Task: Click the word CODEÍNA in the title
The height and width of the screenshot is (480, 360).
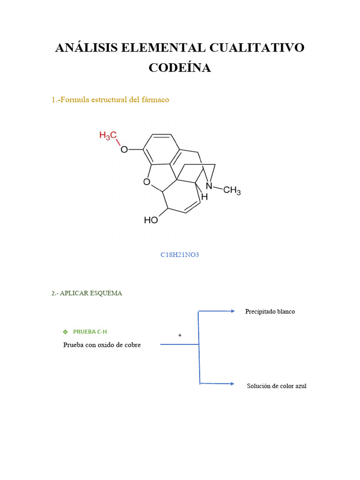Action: tap(180, 67)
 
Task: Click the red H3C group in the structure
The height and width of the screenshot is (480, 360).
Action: tap(108, 135)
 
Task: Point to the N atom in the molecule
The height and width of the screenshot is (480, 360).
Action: tap(209, 186)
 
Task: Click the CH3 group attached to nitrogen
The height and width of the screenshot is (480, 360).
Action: tap(232, 191)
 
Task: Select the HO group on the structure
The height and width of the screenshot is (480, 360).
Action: tap(150, 219)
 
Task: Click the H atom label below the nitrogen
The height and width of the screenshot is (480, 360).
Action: tap(204, 197)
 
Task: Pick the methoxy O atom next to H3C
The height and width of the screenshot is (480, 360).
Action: tap(124, 150)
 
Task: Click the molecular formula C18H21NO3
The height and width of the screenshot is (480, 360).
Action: tap(177, 255)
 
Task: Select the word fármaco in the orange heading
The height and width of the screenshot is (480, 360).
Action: tap(156, 100)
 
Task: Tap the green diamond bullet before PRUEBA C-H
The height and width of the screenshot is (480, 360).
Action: tap(65, 332)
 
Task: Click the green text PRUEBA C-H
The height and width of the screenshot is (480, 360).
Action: tap(90, 332)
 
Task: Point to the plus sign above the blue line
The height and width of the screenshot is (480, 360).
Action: tap(180, 336)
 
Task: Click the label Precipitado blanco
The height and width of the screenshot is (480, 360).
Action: tap(270, 312)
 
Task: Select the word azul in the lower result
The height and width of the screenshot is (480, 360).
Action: tap(300, 386)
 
